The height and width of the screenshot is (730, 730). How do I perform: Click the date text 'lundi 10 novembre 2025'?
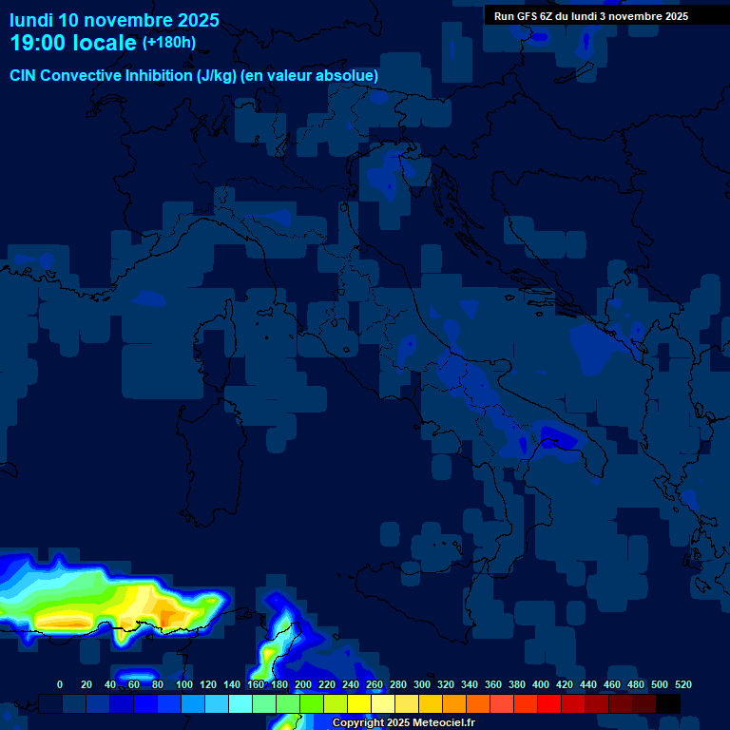coord(114,20)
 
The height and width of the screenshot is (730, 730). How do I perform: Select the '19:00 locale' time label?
coord(73,43)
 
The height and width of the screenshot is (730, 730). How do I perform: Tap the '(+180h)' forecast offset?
coord(169,42)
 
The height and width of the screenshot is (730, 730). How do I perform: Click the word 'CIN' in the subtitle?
coord(24,75)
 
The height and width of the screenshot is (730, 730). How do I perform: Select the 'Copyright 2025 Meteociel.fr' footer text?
coord(404,723)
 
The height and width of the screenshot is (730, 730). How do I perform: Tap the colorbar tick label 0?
coord(60,684)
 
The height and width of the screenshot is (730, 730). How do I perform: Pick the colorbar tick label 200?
coord(303,684)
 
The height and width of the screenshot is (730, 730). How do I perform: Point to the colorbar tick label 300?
coord(422,684)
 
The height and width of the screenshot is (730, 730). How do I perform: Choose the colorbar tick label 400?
coord(541,684)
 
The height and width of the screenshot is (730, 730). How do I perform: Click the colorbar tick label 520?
coord(682,684)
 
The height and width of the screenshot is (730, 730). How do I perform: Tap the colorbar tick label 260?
coord(375,684)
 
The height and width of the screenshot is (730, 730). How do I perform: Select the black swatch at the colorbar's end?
coord(668,703)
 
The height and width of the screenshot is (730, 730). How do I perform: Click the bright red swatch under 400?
coord(549,703)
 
